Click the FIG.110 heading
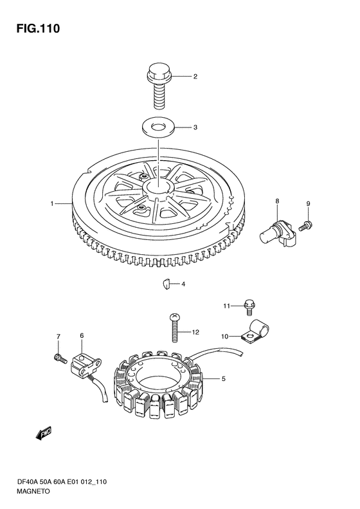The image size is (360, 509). click(x=39, y=29)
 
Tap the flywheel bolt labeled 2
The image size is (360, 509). click(x=159, y=86)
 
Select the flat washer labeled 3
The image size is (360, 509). click(x=159, y=127)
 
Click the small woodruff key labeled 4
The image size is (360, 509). click(x=166, y=284)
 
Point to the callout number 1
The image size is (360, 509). click(x=51, y=203)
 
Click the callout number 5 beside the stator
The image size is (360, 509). click(x=224, y=378)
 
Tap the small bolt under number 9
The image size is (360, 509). click(x=305, y=225)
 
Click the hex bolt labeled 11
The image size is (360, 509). click(x=249, y=307)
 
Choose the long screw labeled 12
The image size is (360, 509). click(x=174, y=328)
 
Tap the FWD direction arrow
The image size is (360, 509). click(x=44, y=432)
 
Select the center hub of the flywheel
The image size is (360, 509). click(x=159, y=189)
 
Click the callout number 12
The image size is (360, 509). click(x=195, y=332)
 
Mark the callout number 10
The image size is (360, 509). click(x=225, y=337)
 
